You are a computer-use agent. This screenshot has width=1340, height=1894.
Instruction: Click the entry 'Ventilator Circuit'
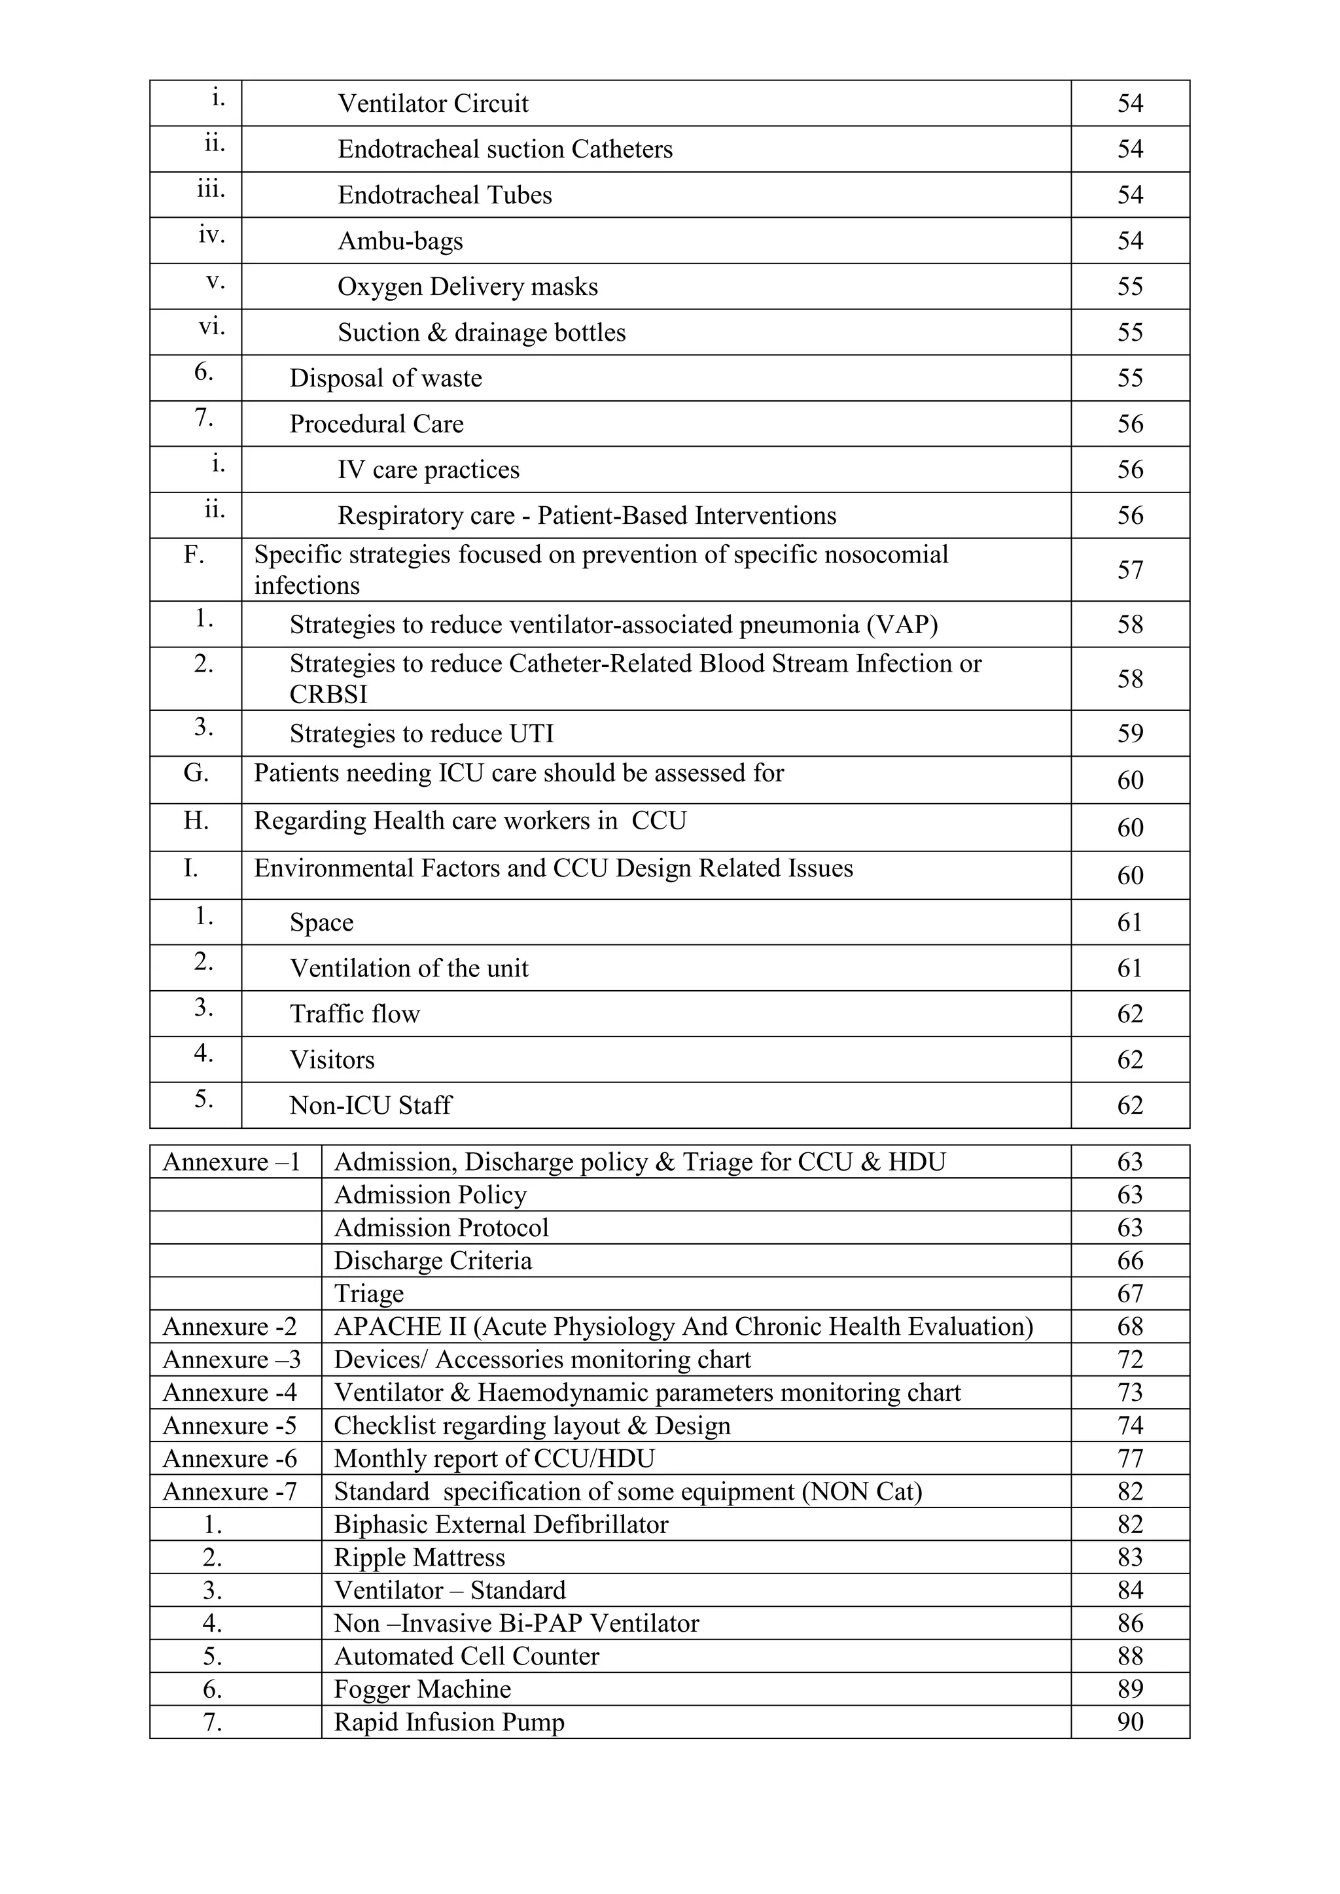(x=432, y=103)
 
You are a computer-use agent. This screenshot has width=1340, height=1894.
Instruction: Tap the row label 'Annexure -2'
(x=230, y=1326)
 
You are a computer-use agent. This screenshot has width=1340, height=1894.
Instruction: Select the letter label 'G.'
(x=196, y=774)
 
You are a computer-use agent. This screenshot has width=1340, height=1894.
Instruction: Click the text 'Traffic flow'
(x=355, y=1014)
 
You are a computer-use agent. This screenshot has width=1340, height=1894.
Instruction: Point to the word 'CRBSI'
(x=328, y=695)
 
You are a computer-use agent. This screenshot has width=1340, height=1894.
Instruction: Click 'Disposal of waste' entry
(x=385, y=379)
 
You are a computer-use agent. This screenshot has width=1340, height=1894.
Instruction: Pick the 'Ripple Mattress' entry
(x=419, y=1557)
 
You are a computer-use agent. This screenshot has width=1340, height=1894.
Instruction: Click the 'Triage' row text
(x=369, y=1294)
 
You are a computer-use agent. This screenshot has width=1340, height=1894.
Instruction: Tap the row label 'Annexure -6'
(x=230, y=1458)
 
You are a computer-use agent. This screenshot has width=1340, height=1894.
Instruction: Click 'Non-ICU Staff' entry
(x=370, y=1105)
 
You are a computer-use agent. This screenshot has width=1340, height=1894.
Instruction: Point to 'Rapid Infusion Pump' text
(x=449, y=1721)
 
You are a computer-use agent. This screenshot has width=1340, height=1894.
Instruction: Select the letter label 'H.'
(x=196, y=821)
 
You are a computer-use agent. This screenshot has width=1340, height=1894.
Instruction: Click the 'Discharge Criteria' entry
(x=432, y=1260)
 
